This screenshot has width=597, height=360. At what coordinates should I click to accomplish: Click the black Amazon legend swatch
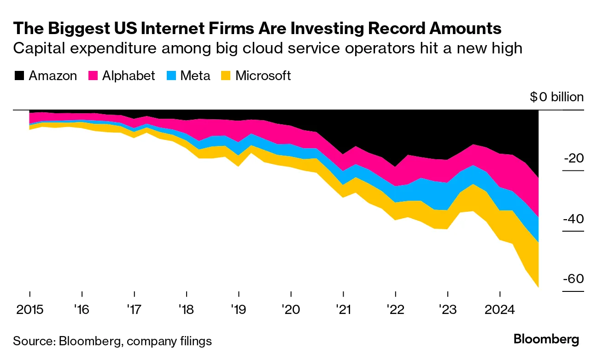[x=19, y=75]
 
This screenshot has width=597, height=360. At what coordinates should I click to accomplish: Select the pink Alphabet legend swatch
[x=93, y=75]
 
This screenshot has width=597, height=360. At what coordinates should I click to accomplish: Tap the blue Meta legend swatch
[x=171, y=75]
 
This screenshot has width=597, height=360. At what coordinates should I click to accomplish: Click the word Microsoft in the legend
[x=263, y=75]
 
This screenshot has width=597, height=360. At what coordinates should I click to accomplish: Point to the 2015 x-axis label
[x=29, y=309]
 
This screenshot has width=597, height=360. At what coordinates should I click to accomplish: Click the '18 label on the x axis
[x=187, y=309]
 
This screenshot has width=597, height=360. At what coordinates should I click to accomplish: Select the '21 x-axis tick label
[x=343, y=309]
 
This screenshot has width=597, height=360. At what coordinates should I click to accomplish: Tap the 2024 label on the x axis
[x=500, y=309]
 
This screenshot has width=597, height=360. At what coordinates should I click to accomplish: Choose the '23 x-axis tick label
[x=448, y=309]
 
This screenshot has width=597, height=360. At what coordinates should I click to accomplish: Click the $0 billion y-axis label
[x=556, y=97]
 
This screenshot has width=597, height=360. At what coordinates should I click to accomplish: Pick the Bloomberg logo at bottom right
[x=546, y=340]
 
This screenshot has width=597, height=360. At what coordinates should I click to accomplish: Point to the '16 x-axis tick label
[x=82, y=309]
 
